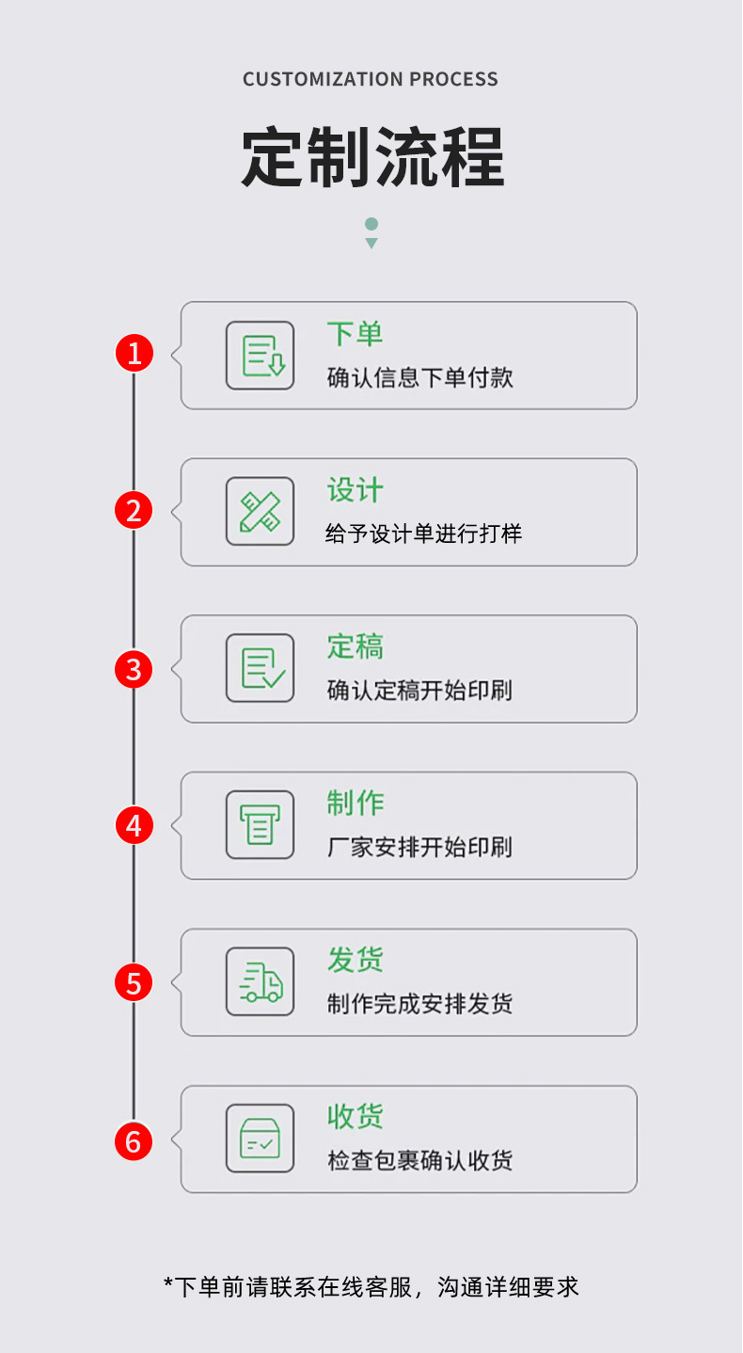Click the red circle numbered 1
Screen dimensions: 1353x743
click(x=134, y=354)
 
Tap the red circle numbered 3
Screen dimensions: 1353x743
click(x=134, y=669)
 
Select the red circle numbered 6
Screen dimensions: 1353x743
click(x=134, y=1141)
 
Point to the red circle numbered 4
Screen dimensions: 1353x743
click(x=134, y=826)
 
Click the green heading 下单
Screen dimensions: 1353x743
click(x=355, y=334)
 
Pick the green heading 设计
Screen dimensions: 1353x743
click(x=355, y=490)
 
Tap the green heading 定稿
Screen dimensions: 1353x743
click(x=355, y=647)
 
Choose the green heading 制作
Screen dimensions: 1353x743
click(x=355, y=804)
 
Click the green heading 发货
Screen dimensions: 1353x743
click(x=355, y=961)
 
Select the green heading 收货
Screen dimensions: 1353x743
click(x=355, y=1117)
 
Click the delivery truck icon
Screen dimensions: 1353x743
click(x=261, y=982)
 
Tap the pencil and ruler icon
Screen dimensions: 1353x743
click(x=261, y=512)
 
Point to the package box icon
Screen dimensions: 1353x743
click(x=261, y=1138)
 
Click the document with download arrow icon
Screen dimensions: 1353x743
click(x=261, y=356)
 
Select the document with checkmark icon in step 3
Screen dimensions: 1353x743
click(x=261, y=668)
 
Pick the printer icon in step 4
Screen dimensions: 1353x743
click(x=261, y=825)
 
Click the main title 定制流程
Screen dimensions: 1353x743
click(x=372, y=156)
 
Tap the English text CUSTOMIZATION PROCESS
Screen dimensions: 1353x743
click(x=371, y=80)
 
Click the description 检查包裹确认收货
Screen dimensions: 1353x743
click(x=419, y=1161)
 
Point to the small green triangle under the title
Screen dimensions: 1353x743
click(x=371, y=244)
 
